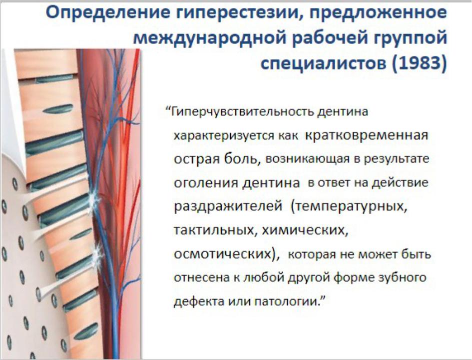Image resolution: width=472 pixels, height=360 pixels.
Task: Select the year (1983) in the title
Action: [x=420, y=63]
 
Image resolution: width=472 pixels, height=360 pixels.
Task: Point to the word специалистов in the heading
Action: [x=323, y=64]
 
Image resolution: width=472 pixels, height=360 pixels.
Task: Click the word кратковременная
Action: [x=367, y=135]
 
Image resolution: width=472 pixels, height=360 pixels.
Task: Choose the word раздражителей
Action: [x=228, y=206]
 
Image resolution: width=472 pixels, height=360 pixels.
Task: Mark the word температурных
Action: [x=349, y=206]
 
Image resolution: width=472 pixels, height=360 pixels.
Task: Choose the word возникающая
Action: [x=308, y=159]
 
